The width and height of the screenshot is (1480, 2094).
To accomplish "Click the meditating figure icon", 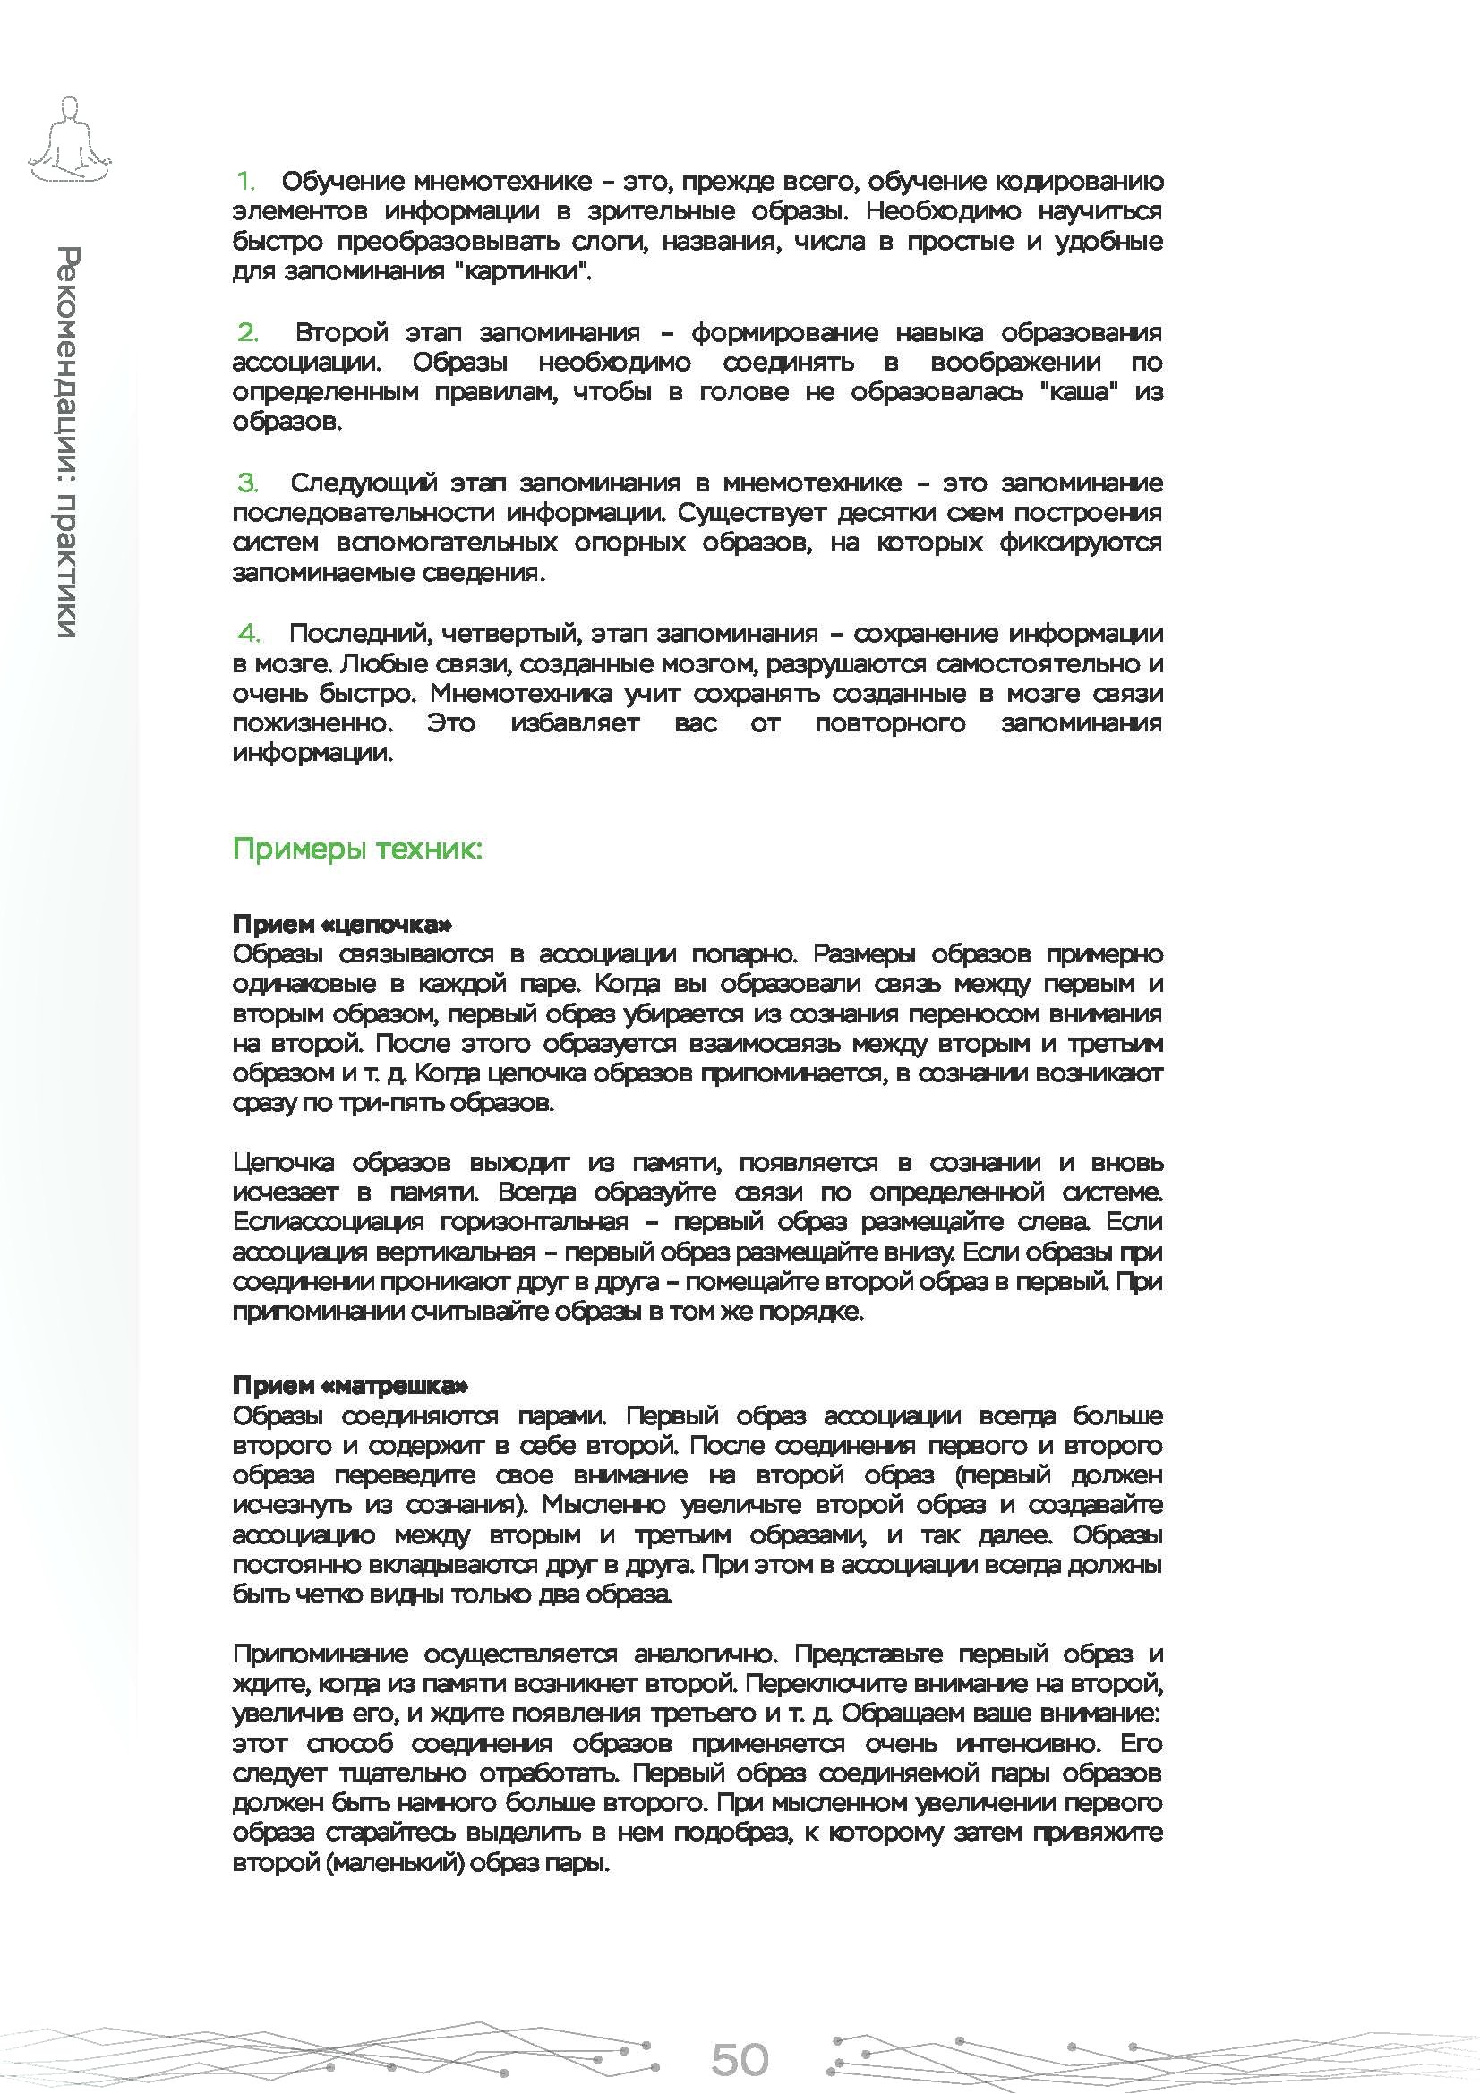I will [69, 139].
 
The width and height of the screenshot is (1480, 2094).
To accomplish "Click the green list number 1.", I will [246, 182].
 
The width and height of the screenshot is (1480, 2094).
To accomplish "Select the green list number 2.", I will [248, 332].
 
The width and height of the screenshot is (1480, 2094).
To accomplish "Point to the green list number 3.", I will [248, 483].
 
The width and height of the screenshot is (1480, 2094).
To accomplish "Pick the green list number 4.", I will [248, 633].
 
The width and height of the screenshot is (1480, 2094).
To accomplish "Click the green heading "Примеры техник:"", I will [356, 849].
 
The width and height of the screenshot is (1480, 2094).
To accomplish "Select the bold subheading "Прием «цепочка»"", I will [342, 924].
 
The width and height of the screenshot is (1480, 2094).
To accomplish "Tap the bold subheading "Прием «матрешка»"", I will [350, 1385].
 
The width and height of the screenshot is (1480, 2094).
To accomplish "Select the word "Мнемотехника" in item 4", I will [521, 693].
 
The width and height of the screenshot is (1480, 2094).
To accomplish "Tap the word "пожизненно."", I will [312, 723].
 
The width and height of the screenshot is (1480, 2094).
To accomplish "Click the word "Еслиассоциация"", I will [328, 1221].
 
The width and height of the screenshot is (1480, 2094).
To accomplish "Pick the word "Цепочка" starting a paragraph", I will [283, 1162].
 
